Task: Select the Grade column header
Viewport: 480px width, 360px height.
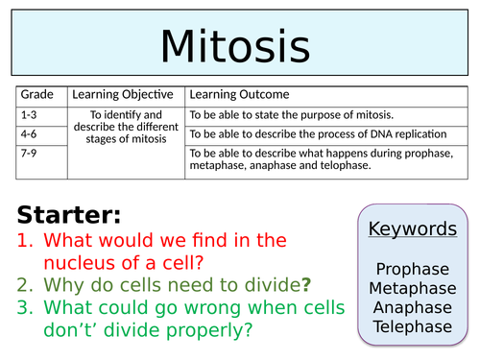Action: click(x=36, y=95)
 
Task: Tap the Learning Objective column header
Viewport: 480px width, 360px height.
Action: click(x=125, y=95)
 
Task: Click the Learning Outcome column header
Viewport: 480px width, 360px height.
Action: click(x=239, y=95)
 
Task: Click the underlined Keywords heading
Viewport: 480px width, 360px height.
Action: click(x=412, y=228)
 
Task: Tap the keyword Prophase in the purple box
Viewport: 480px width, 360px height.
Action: click(x=413, y=269)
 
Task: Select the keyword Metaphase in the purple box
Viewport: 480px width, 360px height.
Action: click(x=413, y=288)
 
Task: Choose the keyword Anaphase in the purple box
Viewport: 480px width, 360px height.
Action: click(x=413, y=307)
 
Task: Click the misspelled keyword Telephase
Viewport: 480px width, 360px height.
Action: click(x=413, y=326)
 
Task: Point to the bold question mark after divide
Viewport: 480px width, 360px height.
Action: click(x=306, y=284)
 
